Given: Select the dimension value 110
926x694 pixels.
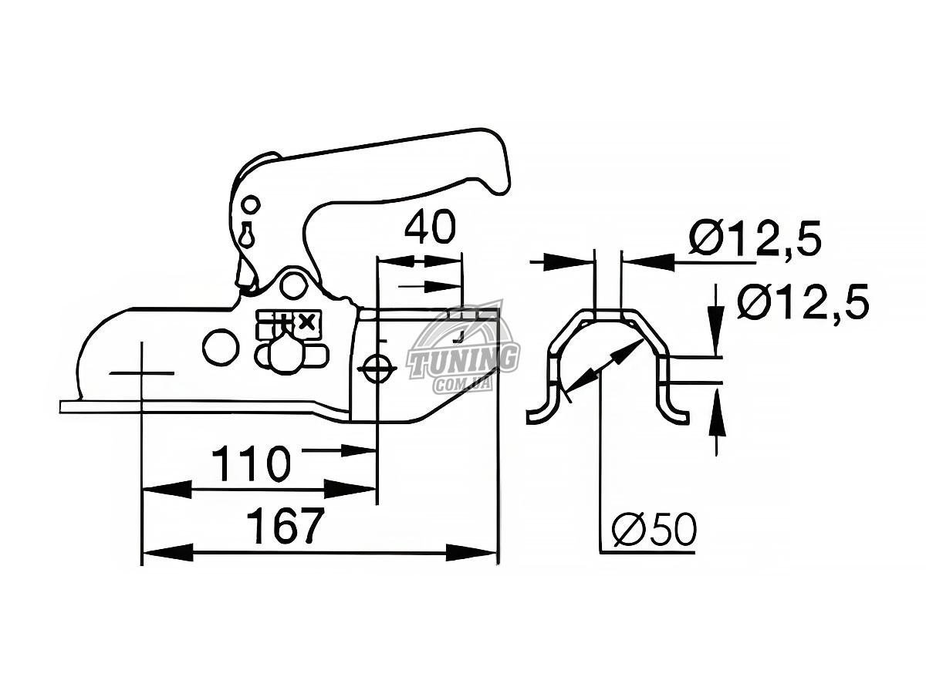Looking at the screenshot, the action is (x=251, y=463).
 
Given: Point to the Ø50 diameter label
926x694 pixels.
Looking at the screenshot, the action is (x=654, y=530).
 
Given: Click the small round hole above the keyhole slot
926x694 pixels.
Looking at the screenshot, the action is (x=250, y=204).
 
